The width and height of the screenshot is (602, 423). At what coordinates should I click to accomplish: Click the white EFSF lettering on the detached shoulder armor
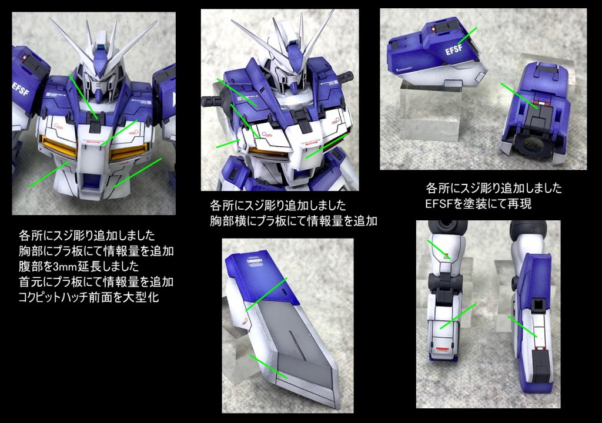(454, 49)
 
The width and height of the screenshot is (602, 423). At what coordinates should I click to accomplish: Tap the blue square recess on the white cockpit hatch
(91, 180)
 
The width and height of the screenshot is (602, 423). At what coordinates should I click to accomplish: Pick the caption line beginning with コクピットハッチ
(89, 297)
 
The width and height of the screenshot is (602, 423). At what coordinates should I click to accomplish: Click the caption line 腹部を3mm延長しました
(79, 266)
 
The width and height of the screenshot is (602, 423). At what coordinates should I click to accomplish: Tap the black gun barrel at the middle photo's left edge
(212, 102)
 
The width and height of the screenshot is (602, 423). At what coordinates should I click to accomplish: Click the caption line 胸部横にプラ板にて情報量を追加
(293, 221)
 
